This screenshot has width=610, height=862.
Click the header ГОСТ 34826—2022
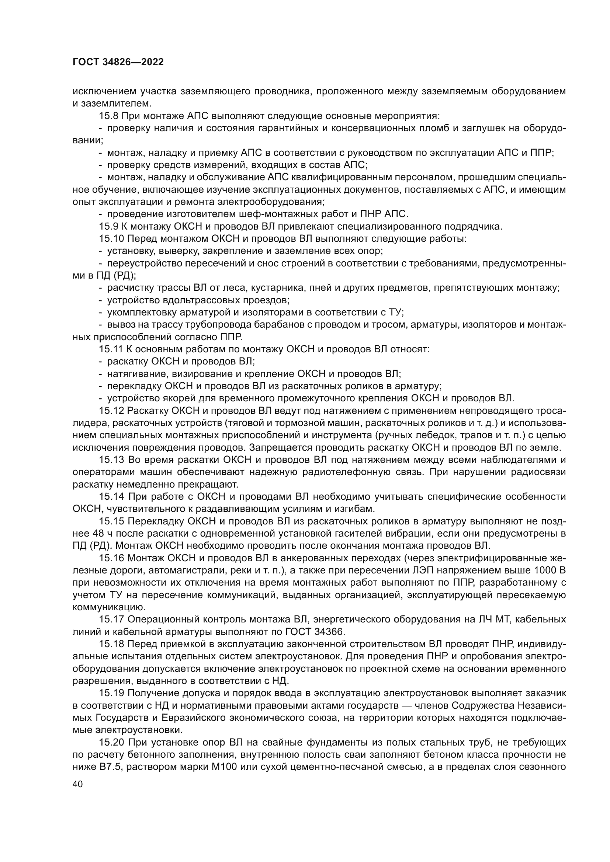click(118, 62)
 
